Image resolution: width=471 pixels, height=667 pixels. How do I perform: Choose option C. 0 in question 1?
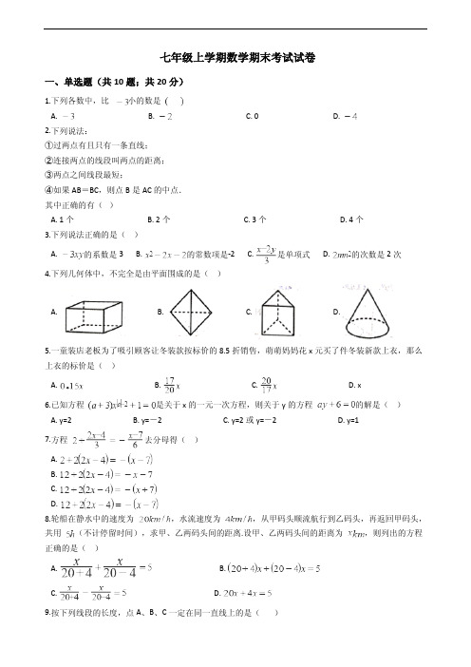coord(252,115)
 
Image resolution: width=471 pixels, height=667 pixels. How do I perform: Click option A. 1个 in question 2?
coord(63,219)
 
